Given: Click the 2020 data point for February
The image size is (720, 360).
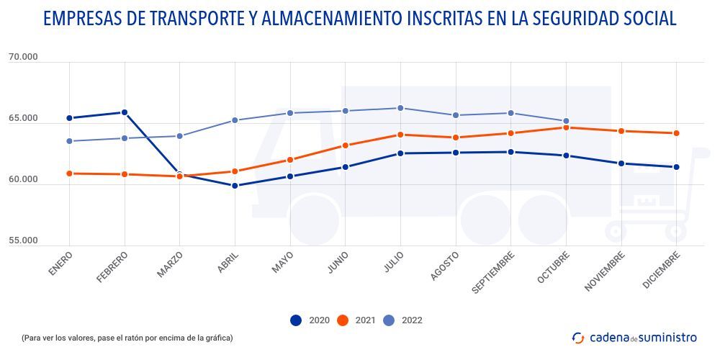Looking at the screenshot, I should (125, 112).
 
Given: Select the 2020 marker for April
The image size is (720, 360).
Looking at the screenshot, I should (235, 186).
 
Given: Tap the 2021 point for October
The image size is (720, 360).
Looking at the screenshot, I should (566, 127).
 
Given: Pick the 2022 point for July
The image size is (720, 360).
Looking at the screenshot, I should (400, 108).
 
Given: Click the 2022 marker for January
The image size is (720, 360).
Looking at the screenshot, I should (69, 141).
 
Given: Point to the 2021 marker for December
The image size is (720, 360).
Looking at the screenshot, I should (676, 133).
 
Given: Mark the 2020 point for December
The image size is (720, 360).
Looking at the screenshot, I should (676, 167).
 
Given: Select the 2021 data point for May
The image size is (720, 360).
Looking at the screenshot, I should (290, 160).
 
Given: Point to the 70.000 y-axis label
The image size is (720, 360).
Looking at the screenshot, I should (23, 58).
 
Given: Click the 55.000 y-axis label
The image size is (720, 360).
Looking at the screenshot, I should (23, 240).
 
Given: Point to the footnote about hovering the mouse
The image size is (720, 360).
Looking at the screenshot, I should (127, 338).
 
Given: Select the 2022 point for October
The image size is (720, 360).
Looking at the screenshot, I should (566, 121).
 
